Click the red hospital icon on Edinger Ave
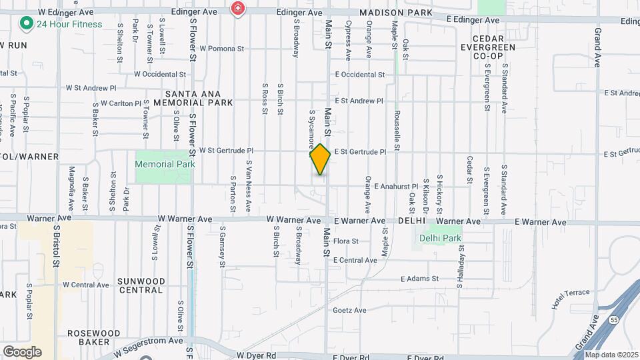(x=237, y=9)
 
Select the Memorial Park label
(x=165, y=164)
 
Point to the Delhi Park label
(x=440, y=238)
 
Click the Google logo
(x=22, y=351)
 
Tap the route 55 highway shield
(x=613, y=321)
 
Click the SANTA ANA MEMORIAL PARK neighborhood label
(x=193, y=98)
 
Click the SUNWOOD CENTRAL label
(x=140, y=285)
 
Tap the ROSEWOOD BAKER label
(x=93, y=337)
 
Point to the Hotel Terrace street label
(x=571, y=297)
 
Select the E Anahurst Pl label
(x=396, y=187)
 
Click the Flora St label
(x=346, y=241)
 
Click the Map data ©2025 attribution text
(x=611, y=355)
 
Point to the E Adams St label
(x=419, y=279)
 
